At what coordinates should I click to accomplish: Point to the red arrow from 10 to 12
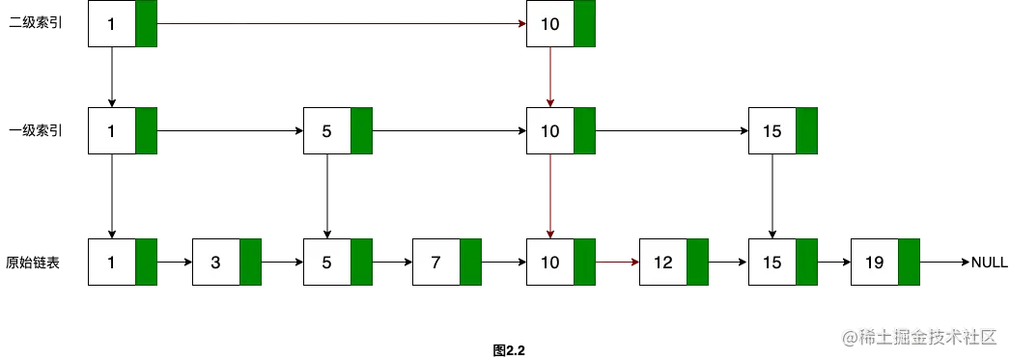tap(618, 261)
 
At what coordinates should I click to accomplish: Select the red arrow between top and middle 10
tap(550, 76)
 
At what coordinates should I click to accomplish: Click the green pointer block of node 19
tap(909, 262)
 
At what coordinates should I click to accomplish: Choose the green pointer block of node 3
tap(251, 262)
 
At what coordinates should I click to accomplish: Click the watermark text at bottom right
tap(917, 336)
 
